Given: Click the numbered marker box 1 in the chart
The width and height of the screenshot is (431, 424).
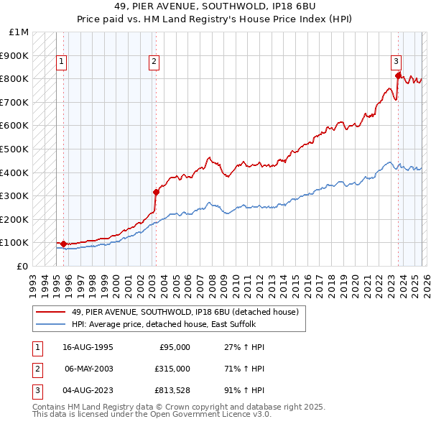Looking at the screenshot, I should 62,63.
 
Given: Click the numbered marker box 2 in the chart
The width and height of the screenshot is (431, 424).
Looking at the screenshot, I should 154,63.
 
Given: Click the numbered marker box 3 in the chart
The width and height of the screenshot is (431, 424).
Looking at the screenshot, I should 396,63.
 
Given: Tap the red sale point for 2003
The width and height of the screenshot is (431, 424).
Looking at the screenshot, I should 156,192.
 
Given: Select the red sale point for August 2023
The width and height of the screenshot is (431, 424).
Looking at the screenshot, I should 397,74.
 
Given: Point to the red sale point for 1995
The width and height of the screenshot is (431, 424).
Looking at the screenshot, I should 63,244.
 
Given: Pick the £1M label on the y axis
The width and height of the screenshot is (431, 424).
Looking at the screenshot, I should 19,32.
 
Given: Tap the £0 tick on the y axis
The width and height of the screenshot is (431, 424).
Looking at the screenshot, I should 23,266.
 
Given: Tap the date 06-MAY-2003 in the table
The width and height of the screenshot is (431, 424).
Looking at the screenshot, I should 88,368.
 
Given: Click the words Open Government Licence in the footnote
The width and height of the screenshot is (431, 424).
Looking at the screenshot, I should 195,415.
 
